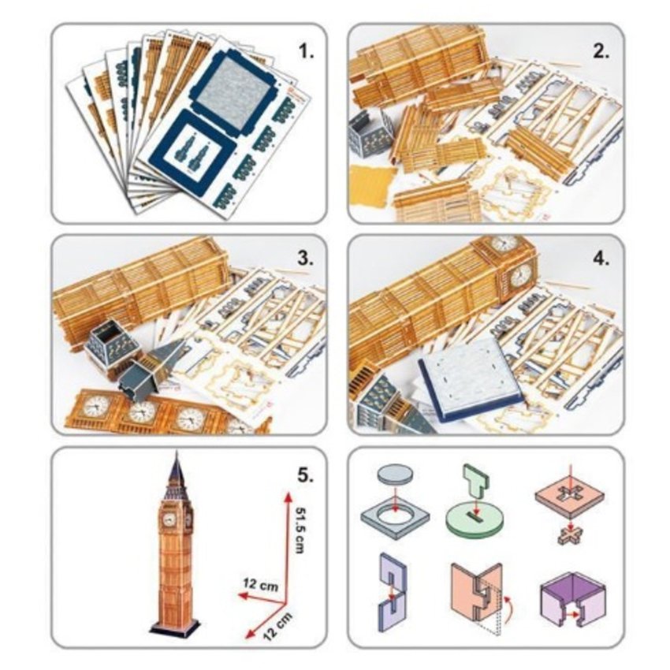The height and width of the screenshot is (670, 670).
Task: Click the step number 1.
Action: [306, 51]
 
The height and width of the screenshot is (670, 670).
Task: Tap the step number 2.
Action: [601, 51]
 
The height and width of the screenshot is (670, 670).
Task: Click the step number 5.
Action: [306, 475]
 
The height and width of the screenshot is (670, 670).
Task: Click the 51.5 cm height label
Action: [300, 530]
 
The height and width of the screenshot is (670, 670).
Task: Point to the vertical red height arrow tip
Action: [288, 493]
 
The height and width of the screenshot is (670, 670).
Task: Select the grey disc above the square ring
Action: [395, 475]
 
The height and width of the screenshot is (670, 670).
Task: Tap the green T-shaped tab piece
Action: [477, 482]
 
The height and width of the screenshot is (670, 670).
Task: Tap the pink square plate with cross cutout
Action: [570, 497]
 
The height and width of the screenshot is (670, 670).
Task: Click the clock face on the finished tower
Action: [169, 519]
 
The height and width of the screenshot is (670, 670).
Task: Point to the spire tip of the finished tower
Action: [176, 452]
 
